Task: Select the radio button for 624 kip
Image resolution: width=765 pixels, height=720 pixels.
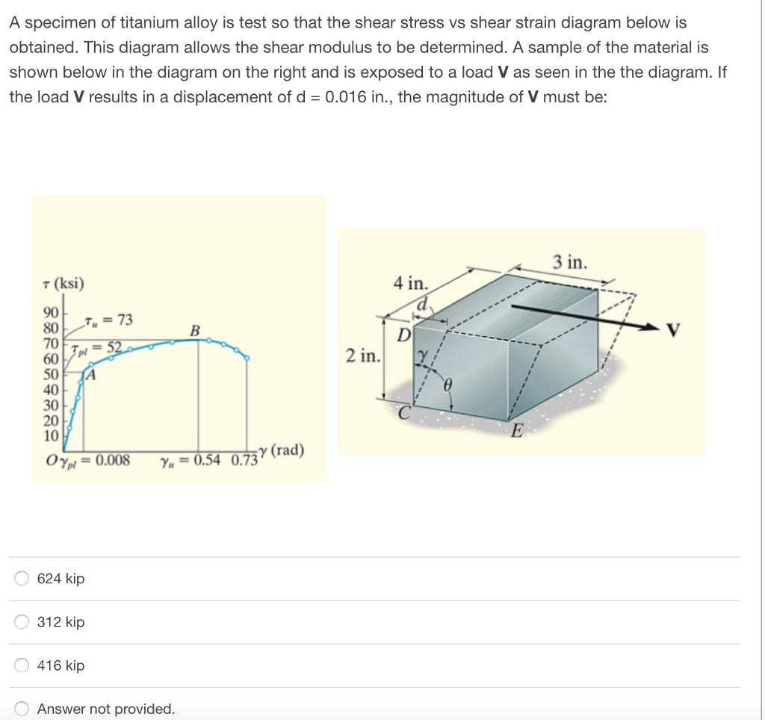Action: (x=22, y=578)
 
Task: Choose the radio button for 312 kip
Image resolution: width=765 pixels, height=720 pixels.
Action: (x=22, y=621)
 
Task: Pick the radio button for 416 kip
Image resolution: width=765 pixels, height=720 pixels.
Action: (x=22, y=665)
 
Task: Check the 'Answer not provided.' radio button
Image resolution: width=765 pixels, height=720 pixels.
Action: (x=22, y=708)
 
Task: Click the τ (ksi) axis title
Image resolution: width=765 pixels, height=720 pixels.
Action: (x=64, y=284)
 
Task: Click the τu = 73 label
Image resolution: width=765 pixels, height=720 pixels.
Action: (x=109, y=320)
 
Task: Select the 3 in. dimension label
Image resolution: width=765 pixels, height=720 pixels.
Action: (x=570, y=262)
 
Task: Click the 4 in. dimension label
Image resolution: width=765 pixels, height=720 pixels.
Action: (x=410, y=283)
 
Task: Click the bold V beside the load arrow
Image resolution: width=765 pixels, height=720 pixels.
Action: (x=675, y=329)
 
